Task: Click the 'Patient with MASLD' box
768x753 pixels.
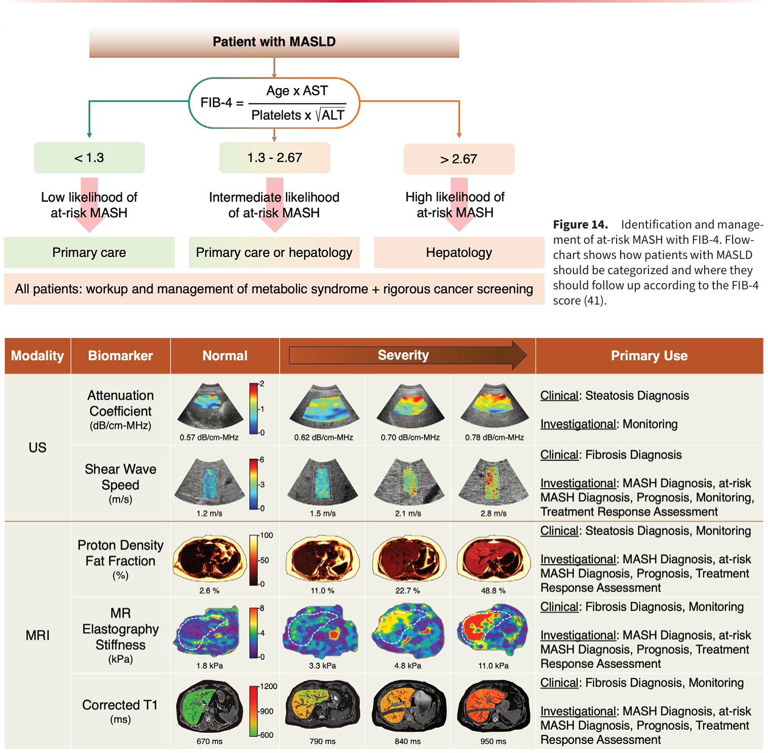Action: click(274, 42)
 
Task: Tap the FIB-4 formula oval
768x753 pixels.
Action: click(274, 103)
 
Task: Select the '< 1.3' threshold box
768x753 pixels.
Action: click(89, 158)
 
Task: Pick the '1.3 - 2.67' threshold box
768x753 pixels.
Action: click(275, 158)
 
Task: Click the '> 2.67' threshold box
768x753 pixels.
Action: click(459, 159)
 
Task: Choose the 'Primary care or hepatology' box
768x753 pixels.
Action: click(274, 252)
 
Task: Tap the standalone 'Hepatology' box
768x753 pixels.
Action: click(459, 252)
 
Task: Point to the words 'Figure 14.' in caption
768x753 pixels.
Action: click(580, 224)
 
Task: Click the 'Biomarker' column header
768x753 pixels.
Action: click(121, 356)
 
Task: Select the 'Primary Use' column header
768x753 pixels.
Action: click(649, 356)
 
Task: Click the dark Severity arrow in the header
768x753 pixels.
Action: click(408, 355)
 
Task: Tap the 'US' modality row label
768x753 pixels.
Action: click(37, 447)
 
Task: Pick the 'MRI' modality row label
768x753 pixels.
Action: click(37, 635)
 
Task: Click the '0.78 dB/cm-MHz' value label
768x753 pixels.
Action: click(494, 437)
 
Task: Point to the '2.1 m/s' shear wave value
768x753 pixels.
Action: click(408, 513)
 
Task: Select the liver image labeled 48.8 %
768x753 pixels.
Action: click(493, 559)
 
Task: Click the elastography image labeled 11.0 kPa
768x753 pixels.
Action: click(493, 631)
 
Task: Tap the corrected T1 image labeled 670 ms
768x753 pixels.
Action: click(210, 707)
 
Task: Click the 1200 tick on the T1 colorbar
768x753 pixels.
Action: click(268, 686)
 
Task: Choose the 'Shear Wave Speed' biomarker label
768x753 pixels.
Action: click(121, 477)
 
